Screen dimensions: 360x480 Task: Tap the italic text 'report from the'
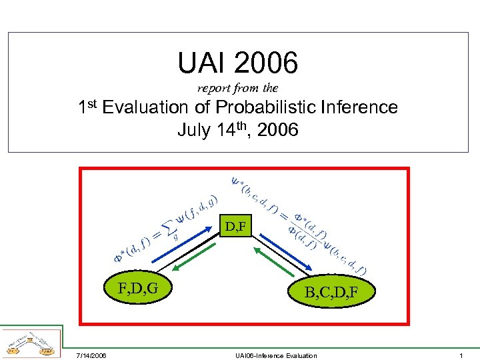pyautogui.click(x=238, y=88)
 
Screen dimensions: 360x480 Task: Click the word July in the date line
pyautogui.click(x=194, y=130)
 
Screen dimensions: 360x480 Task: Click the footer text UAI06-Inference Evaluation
pyautogui.click(x=276, y=355)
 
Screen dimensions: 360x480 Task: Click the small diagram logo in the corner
pyautogui.click(x=31, y=341)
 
